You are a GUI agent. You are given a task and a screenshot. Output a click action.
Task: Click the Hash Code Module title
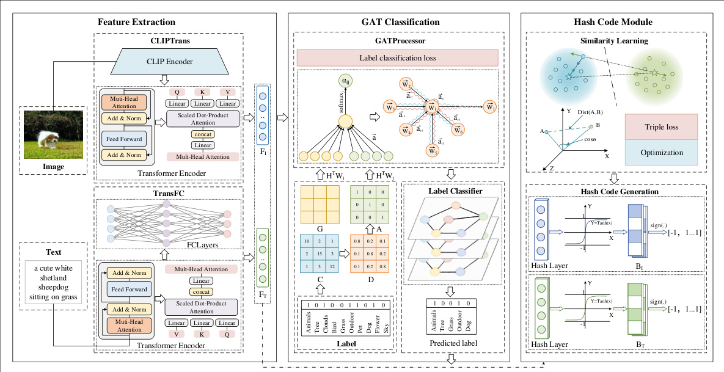[x=613, y=23]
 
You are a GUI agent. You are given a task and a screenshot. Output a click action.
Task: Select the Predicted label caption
[x=452, y=343]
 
